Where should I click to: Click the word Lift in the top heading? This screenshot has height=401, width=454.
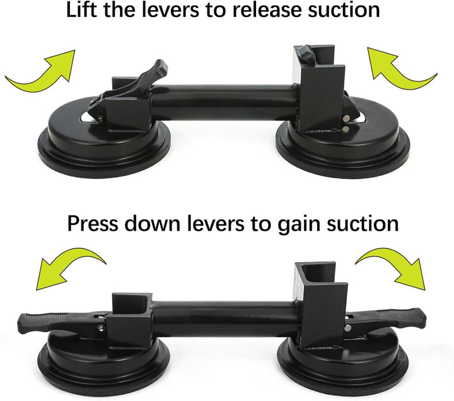(x=81, y=9)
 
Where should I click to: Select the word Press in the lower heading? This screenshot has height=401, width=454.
(x=93, y=223)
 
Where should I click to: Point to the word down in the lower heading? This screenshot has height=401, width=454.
(x=153, y=223)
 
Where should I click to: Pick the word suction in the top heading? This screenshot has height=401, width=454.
(x=344, y=10)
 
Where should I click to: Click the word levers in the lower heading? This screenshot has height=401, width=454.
(x=216, y=223)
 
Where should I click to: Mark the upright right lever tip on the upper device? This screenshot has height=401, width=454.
(x=307, y=54)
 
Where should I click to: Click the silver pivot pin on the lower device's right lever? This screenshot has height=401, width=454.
(x=347, y=328)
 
